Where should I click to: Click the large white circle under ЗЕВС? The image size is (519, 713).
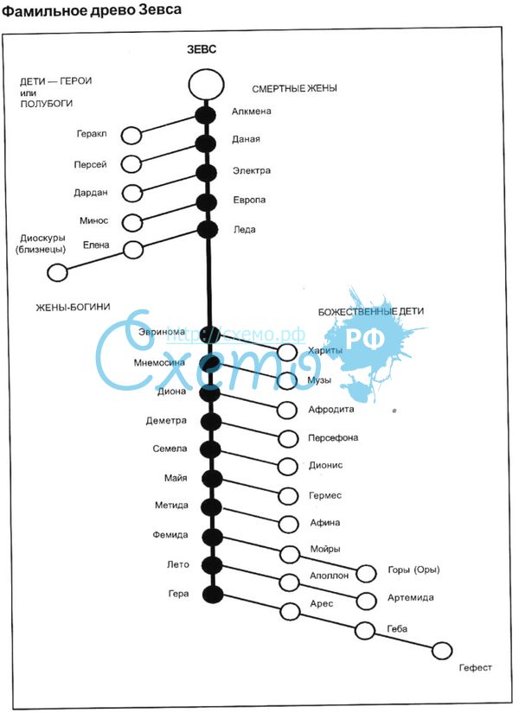206,84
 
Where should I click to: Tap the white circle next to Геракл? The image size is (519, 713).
131,136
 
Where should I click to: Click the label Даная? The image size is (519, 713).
246,139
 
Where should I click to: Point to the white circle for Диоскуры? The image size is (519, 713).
57,273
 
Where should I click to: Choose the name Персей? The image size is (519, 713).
91,164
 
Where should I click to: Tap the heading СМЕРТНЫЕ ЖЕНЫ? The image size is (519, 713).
294,88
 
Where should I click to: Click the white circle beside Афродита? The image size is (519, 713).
288,410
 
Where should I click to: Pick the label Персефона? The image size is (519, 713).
333,438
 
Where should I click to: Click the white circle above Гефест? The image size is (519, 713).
442,651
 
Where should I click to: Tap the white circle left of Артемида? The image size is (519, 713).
366,601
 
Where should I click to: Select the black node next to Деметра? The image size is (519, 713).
210,422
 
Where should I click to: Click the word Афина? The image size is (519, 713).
324,522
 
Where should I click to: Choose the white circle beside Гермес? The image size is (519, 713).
288,497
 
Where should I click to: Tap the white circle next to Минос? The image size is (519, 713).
131,222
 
